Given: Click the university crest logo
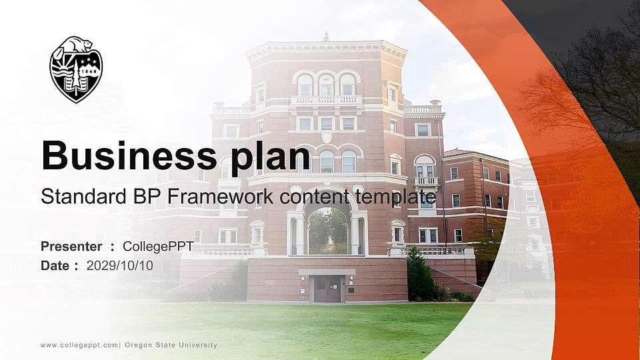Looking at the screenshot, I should coord(76,70).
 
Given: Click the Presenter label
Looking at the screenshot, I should coord(71,247).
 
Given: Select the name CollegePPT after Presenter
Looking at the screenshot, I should coord(158,247).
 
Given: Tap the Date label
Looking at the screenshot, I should coord(55,265).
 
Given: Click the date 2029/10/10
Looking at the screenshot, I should coord(120,265).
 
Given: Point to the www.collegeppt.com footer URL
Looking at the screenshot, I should coord(79,345).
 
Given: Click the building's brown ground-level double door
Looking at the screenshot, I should coord(327,289).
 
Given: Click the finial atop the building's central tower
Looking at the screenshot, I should coord(326,36).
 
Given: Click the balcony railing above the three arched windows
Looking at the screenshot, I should coord(326,100).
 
